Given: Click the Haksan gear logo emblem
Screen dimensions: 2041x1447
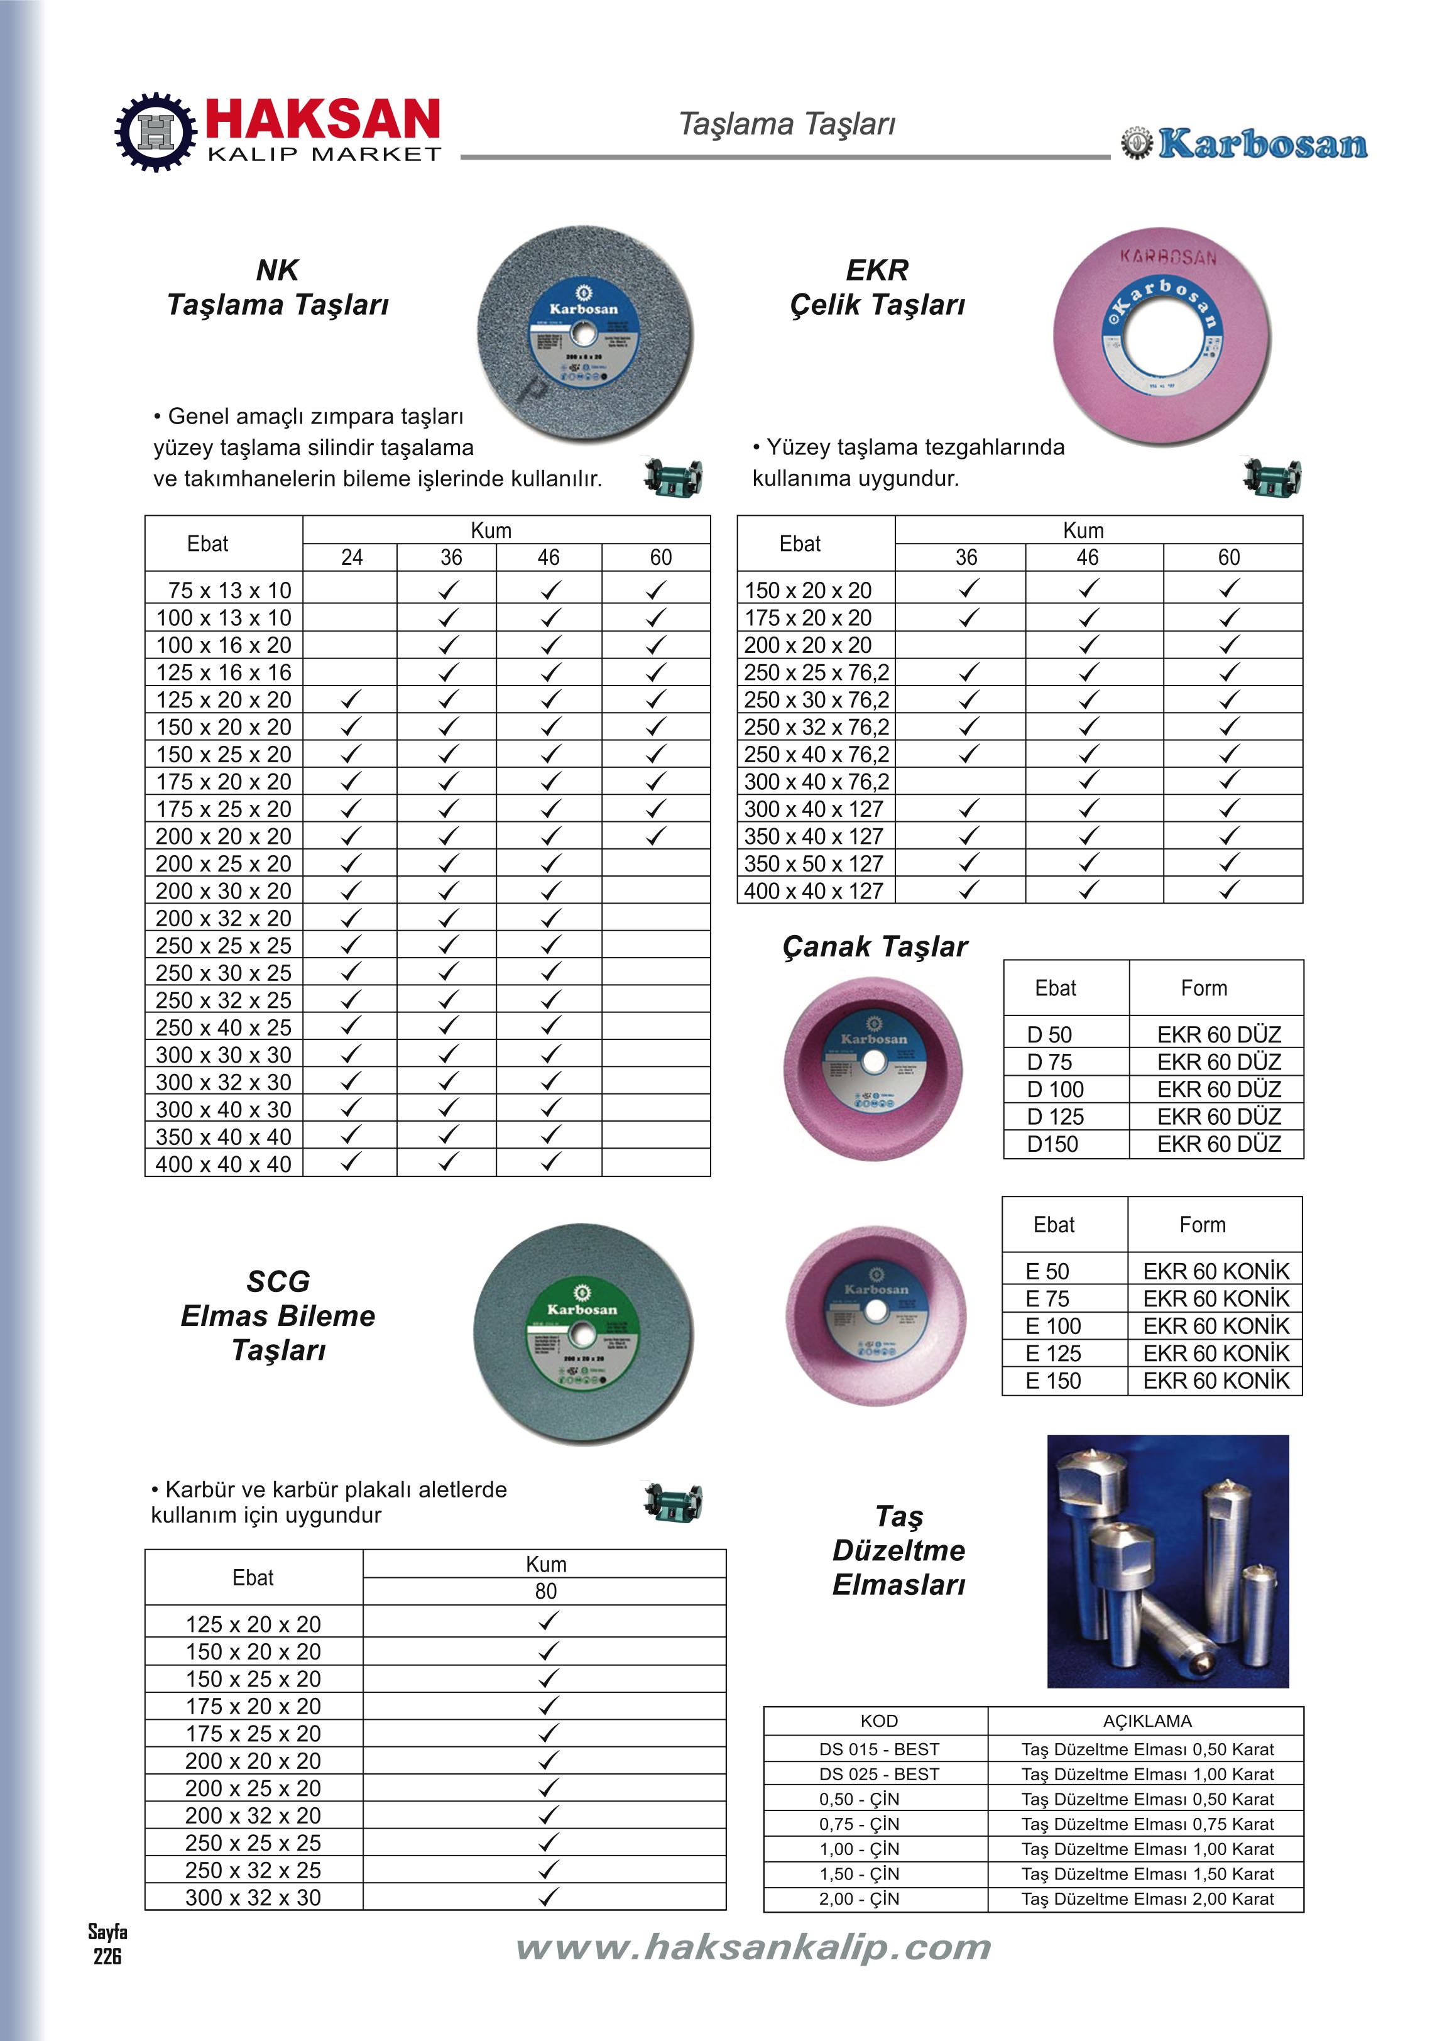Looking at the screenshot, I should pos(156,132).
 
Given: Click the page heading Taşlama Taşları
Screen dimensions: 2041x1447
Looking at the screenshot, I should pos(787,124).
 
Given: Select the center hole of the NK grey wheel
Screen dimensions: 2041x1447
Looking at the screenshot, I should pos(584,335).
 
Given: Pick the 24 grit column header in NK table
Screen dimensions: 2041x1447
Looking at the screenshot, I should pos(352,557).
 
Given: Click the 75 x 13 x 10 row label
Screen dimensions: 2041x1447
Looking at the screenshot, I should pos(229,590).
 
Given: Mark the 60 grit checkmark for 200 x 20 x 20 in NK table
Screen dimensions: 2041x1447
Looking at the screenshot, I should pos(656,836).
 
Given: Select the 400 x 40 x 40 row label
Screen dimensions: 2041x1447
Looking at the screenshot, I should pos(224,1164).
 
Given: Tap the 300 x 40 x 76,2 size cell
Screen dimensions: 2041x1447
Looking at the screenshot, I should pos(816,781).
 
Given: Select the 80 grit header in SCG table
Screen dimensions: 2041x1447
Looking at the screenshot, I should pos(545,1591).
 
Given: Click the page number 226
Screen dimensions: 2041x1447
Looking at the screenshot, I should pos(107,1956).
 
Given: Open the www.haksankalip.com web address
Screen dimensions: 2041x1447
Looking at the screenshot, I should pos(753,1947).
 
